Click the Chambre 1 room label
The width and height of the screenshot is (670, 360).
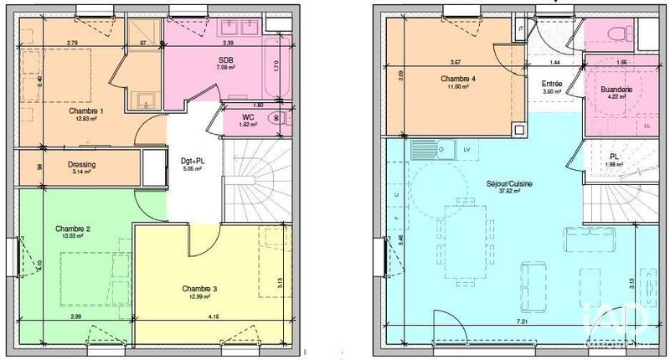pos(86,111)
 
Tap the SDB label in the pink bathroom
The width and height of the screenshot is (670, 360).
pos(225,60)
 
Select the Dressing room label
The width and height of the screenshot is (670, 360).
pos(82,164)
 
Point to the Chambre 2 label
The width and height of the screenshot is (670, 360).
pos(73,229)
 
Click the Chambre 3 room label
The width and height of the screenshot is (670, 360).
pos(199,289)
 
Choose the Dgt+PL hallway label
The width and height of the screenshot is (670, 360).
pos(193,161)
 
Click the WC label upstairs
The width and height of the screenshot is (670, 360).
pos(249,118)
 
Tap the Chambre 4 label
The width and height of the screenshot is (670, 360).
pos(458,80)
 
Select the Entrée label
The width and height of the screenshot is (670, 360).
pos(552,84)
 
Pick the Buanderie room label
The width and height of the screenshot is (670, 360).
pos(616,90)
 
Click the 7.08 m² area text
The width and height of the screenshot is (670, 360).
pos(226,68)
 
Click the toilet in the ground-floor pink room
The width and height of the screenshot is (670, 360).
pos(620,32)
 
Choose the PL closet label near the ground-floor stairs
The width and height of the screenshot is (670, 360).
pos(613,156)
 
